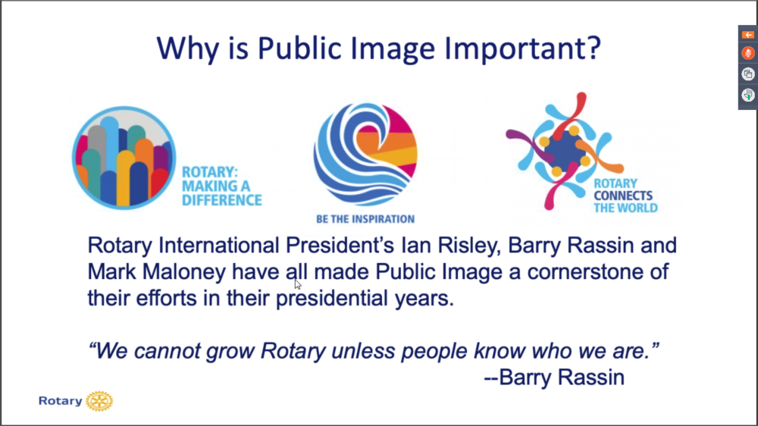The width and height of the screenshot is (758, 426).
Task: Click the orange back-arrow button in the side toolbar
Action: tap(748, 35)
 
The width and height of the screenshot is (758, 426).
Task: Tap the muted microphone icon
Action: tap(748, 53)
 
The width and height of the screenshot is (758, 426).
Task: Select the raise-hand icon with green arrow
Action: tap(748, 95)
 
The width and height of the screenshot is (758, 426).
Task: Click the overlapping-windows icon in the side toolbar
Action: tap(748, 74)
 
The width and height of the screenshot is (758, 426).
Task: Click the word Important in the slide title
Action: tap(522, 49)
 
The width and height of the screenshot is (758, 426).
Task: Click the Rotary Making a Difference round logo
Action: tap(124, 158)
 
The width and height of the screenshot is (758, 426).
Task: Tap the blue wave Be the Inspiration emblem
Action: tap(365, 154)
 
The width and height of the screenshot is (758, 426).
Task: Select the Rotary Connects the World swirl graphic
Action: tap(565, 150)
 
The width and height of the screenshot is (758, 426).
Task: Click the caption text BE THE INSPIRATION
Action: tap(365, 219)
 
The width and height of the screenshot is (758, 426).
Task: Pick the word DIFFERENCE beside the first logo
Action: tap(222, 200)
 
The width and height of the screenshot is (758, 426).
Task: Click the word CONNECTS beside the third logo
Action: tap(622, 196)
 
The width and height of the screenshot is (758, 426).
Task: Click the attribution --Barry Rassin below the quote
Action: tap(555, 377)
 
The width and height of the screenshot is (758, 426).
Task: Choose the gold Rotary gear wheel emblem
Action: tap(99, 401)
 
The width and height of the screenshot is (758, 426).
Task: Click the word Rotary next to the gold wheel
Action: tap(61, 401)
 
